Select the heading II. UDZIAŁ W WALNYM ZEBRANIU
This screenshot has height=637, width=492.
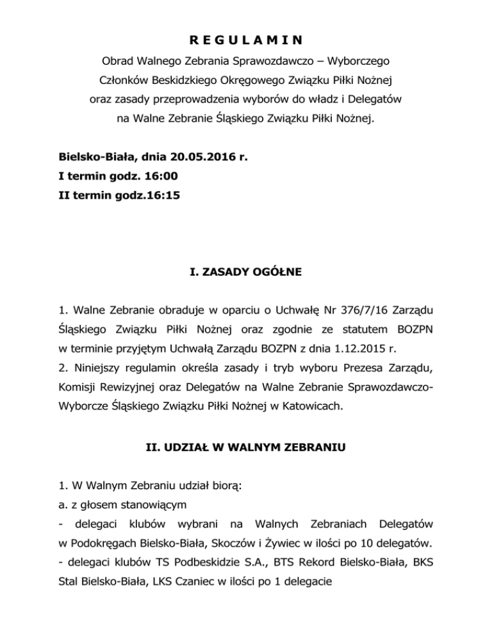pyautogui.click(x=246, y=449)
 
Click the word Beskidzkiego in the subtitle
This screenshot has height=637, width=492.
pyautogui.click(x=181, y=81)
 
